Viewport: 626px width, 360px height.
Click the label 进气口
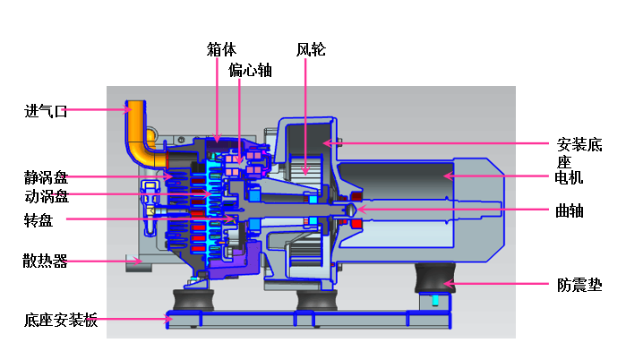(46, 112)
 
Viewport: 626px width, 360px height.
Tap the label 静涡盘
(46, 177)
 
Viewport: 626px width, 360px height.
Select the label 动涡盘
(46, 196)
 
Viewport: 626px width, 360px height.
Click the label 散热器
(46, 261)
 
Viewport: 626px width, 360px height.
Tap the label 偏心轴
(250, 70)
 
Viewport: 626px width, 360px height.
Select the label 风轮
(311, 50)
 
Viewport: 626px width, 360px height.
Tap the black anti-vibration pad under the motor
(434, 279)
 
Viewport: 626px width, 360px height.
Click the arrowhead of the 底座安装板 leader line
(170, 317)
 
